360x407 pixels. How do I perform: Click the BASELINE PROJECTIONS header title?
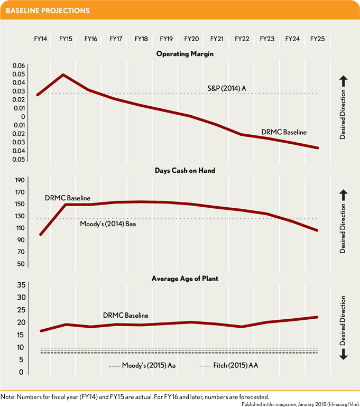[x=48, y=11]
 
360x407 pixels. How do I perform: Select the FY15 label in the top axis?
[x=66, y=39]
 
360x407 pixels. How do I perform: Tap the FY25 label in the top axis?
[x=317, y=39]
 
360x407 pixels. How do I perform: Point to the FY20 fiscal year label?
[x=191, y=39]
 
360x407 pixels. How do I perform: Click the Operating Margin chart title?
[x=184, y=54]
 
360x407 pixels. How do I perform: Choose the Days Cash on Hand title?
[x=184, y=171]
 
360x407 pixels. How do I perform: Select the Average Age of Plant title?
[x=184, y=279]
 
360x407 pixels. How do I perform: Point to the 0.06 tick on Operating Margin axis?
[x=19, y=66]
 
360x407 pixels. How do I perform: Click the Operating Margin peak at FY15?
[x=63, y=75]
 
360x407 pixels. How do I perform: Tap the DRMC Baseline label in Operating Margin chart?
[x=283, y=132]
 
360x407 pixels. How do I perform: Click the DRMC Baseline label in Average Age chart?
[x=125, y=316]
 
